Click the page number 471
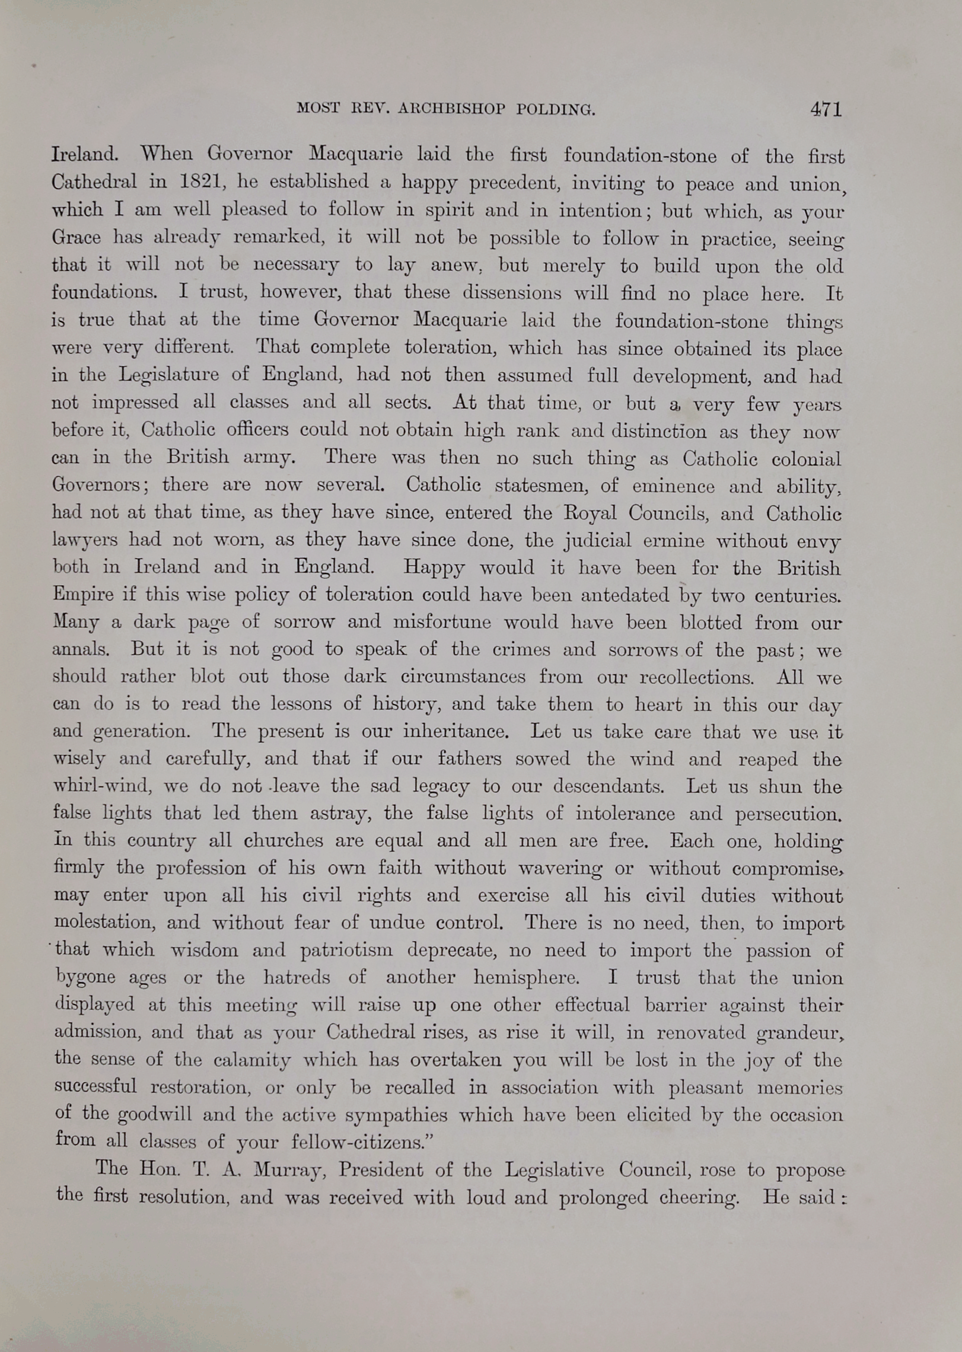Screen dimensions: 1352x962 [x=826, y=109]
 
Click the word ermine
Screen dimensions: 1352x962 [x=674, y=541]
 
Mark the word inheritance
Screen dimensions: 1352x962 [x=455, y=731]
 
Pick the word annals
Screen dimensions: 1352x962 [x=81, y=649]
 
